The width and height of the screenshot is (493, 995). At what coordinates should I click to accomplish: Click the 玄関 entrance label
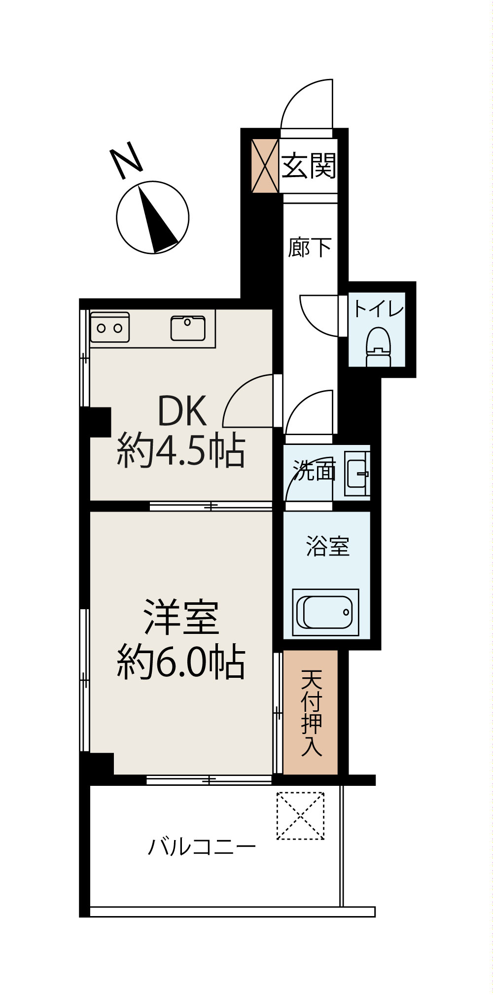[309, 166]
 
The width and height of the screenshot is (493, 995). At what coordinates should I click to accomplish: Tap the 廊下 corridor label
[310, 248]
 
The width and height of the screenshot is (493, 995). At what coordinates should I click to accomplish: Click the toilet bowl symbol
[379, 346]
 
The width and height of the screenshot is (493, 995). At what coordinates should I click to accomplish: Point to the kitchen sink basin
[188, 328]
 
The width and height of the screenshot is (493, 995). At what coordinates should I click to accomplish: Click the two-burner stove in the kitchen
[109, 328]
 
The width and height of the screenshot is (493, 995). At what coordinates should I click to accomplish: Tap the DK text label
[181, 412]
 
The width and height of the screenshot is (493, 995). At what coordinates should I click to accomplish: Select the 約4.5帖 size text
[181, 450]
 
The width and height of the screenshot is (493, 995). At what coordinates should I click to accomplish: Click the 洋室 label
[181, 617]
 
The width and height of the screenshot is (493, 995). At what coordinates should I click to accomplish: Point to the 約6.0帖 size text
[181, 662]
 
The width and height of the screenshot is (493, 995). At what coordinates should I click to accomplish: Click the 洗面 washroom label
[314, 471]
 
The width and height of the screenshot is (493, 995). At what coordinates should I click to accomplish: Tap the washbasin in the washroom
[356, 474]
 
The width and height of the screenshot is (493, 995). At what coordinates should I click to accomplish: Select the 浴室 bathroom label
[328, 547]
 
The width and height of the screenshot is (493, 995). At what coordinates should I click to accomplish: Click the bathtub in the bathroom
[325, 612]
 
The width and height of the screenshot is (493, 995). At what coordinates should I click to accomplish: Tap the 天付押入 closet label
[312, 713]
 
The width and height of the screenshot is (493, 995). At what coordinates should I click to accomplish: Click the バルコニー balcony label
[202, 848]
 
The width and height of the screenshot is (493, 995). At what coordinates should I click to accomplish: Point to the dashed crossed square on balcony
[300, 816]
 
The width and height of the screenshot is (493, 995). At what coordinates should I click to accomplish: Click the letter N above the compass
[126, 160]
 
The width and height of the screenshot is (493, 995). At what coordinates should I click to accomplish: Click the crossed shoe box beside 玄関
[265, 166]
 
